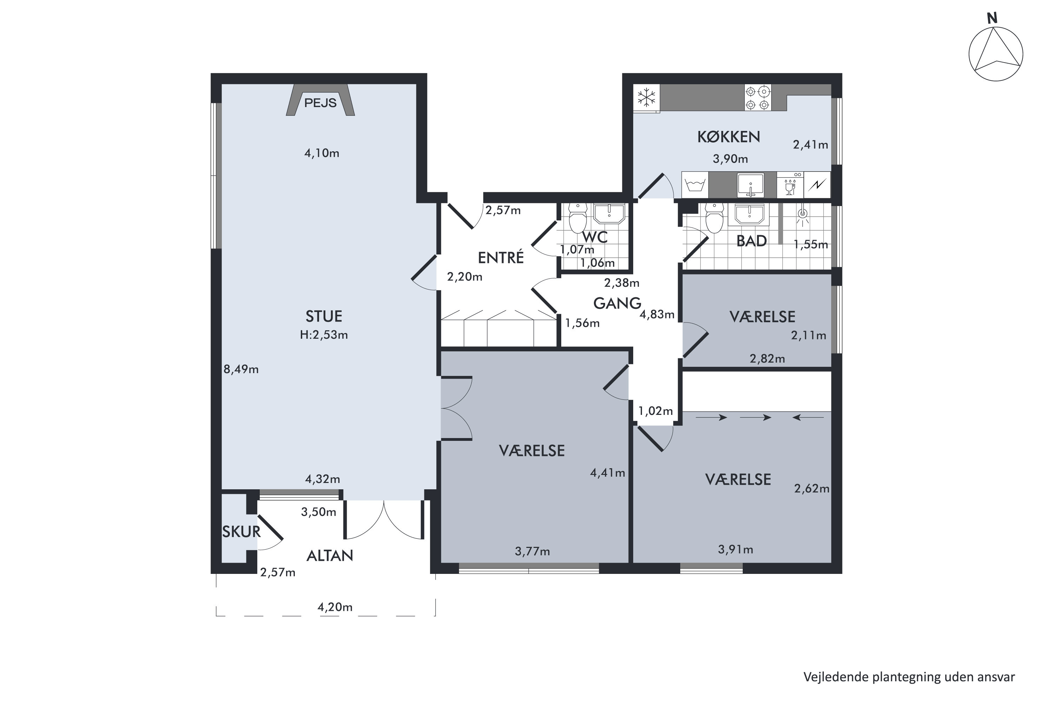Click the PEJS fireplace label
(x=320, y=103)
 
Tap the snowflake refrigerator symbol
(x=647, y=98)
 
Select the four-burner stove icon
(x=758, y=98)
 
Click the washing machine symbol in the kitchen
(x=695, y=185)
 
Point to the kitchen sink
(x=750, y=185)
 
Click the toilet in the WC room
(x=577, y=218)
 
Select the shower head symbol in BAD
(x=803, y=216)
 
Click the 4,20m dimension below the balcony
(x=335, y=607)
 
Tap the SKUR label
(x=241, y=532)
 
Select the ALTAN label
(x=330, y=556)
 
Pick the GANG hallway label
(x=617, y=304)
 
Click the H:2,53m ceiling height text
(x=324, y=335)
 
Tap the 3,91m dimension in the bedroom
(x=736, y=549)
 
